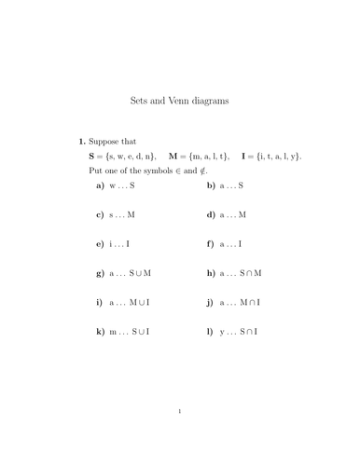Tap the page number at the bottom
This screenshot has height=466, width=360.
[179, 435]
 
